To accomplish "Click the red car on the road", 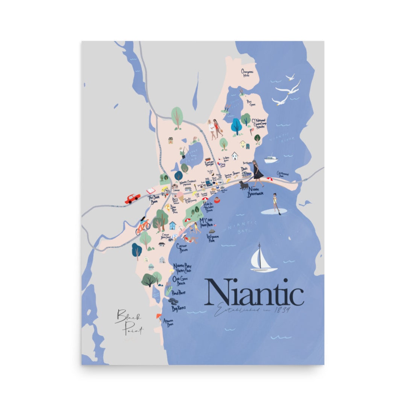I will (x=132, y=198).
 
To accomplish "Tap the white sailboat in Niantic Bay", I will (x=263, y=259).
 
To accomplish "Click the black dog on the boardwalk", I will (x=244, y=185).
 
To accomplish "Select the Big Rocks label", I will (x=179, y=308).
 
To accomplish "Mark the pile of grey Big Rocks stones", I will (x=173, y=301).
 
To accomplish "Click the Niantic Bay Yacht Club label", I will (x=182, y=268).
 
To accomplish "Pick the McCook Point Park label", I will (x=206, y=222).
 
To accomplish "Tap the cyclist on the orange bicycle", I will (x=143, y=226).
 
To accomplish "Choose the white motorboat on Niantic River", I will (x=271, y=159).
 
